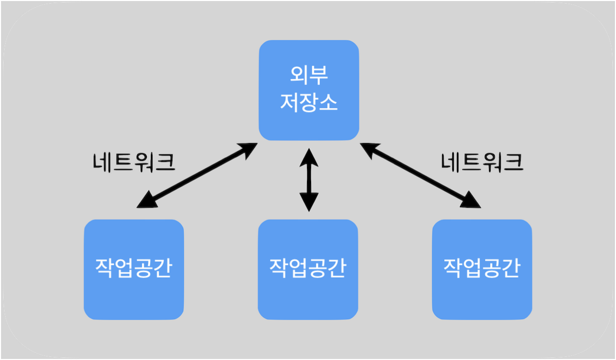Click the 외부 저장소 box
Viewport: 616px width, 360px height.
[x=309, y=90]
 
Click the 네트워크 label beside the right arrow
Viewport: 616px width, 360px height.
[x=482, y=163]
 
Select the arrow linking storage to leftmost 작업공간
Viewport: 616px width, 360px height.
[x=197, y=174]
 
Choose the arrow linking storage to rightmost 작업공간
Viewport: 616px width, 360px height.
[x=421, y=174]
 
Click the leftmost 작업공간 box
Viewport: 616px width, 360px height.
[x=134, y=269]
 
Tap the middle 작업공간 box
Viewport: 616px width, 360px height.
[x=308, y=269]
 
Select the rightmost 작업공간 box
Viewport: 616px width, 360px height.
[x=482, y=269]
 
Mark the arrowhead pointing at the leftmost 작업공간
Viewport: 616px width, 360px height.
[x=147, y=200]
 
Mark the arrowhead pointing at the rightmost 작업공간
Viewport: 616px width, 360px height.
[x=471, y=200]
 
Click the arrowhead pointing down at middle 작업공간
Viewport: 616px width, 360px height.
[x=309, y=201]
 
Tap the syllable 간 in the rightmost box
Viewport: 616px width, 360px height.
[x=511, y=268]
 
